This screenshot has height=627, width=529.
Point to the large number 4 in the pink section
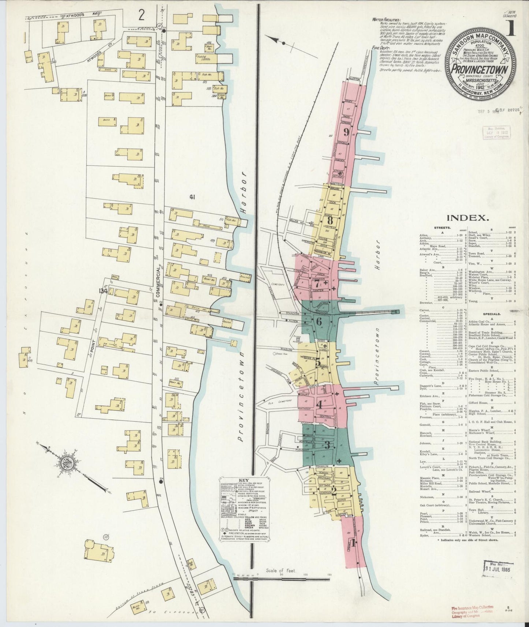click(319, 405)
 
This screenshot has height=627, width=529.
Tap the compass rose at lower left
click(69, 464)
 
